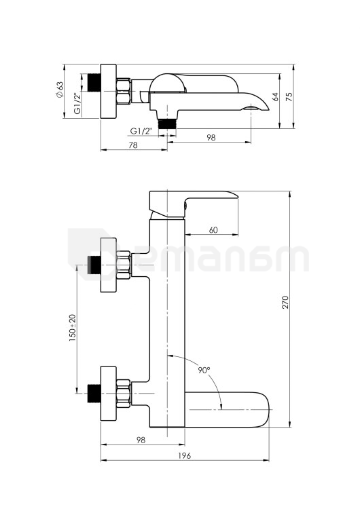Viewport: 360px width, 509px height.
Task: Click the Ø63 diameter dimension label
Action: click(x=60, y=89)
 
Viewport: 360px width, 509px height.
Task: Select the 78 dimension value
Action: click(x=133, y=145)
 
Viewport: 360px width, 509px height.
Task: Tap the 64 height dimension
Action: click(x=276, y=97)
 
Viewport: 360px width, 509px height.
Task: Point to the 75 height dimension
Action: click(x=289, y=97)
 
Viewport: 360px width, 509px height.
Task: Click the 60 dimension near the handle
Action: click(x=213, y=230)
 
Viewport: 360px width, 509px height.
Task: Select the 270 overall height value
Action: click(x=285, y=302)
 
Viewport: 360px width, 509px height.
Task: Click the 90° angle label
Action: click(x=204, y=370)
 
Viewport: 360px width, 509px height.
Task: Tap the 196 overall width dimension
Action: click(x=185, y=455)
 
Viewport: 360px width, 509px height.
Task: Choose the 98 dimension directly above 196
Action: click(x=141, y=440)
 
